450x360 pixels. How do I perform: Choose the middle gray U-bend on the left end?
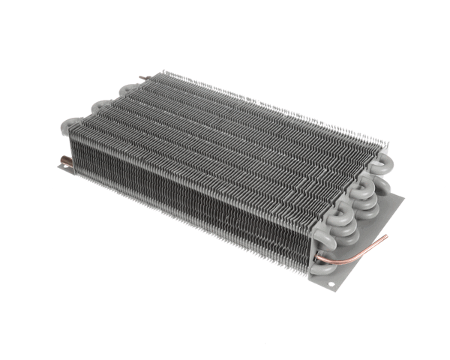point(102,107)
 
